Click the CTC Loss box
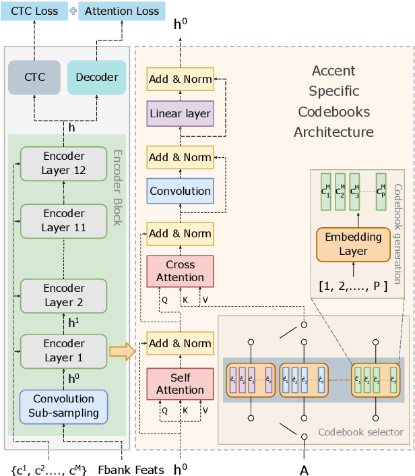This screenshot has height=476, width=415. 33,11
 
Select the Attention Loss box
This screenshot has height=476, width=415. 122,11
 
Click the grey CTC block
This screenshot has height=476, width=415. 34,77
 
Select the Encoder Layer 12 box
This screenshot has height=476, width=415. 64,163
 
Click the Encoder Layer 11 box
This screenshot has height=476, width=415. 64,220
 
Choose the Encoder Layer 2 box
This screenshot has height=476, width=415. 64,295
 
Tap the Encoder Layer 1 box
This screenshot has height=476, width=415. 64,351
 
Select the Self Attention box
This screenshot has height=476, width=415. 180,383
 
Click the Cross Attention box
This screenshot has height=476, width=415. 180,271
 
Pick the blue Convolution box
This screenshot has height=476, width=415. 180,191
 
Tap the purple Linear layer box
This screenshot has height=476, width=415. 180,113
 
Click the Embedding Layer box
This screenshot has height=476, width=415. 353,244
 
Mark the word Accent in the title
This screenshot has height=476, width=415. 333,71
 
